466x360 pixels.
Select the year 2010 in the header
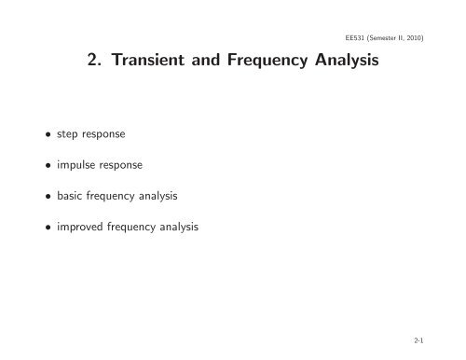coord(437,37)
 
